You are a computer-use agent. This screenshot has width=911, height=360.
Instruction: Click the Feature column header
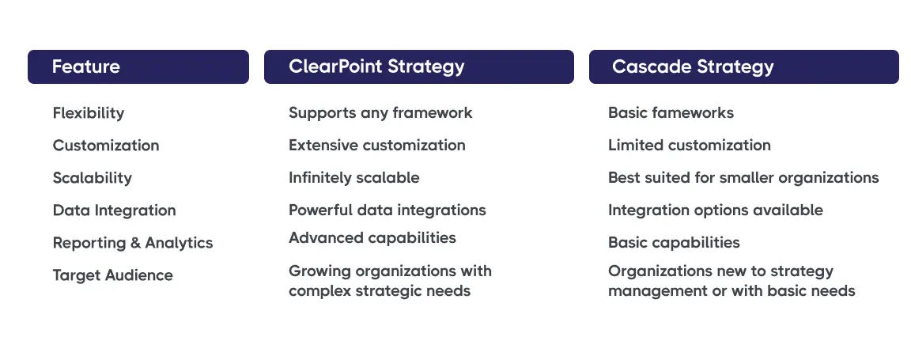click(x=85, y=66)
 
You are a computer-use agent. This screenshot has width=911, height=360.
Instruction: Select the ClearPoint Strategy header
click(x=376, y=66)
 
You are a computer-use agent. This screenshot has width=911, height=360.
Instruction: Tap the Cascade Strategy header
click(x=693, y=66)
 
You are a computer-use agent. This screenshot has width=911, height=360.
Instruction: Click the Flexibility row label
click(x=89, y=113)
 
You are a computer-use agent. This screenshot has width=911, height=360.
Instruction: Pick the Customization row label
click(x=106, y=146)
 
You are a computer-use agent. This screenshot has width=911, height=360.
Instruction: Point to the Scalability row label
click(x=93, y=178)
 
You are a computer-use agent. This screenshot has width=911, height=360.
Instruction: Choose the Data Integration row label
click(x=115, y=210)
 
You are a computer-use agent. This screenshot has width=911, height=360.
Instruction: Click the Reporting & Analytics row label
click(x=133, y=243)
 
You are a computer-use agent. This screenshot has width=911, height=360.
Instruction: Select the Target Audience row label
click(x=113, y=275)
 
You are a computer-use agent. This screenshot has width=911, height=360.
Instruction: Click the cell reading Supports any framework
click(x=380, y=113)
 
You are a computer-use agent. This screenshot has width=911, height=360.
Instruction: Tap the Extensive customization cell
click(x=377, y=146)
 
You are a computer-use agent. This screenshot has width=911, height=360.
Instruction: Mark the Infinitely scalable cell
click(x=354, y=178)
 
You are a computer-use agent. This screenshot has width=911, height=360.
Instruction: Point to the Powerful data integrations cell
click(x=387, y=210)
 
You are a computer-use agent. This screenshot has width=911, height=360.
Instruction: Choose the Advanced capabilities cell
click(x=372, y=238)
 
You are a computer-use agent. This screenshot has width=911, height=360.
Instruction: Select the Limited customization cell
click(x=690, y=146)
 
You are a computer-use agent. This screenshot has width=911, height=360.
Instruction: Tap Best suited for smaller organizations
click(x=743, y=178)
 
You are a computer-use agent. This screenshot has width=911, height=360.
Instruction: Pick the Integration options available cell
click(x=716, y=210)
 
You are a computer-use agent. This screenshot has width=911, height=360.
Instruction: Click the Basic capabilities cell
click(x=674, y=243)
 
